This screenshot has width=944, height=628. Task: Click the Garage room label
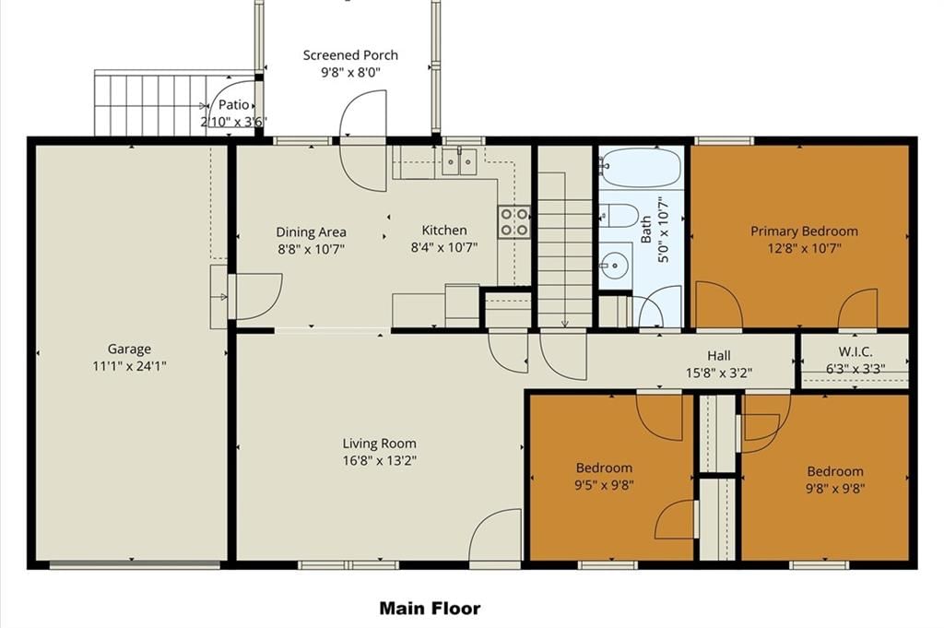coord(129,349)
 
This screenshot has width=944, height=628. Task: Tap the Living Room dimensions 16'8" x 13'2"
coord(379,460)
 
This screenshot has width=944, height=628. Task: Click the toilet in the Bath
coord(619,215)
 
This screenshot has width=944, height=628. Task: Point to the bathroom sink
coord(614,264)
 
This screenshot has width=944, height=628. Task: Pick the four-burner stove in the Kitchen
coord(513,221)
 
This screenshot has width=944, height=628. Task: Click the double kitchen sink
coord(459,161)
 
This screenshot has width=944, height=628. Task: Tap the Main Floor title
coord(430,608)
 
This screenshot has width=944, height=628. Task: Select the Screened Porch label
coord(350,55)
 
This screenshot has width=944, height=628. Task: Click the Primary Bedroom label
coord(804,231)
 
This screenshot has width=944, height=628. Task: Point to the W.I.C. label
coord(855,351)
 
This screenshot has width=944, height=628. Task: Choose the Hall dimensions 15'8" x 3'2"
coord(719,373)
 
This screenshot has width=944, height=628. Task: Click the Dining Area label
coord(312,231)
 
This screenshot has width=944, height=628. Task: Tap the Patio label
coord(233,105)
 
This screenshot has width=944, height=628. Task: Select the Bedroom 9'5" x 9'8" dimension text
coord(605,485)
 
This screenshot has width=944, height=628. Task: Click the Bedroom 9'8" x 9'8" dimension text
coord(835,489)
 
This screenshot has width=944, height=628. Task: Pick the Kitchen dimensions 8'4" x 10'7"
coord(444,247)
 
